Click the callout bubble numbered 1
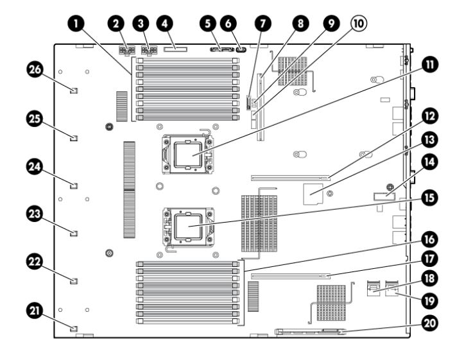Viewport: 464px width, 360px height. (76, 24)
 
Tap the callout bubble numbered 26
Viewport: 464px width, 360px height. (35, 70)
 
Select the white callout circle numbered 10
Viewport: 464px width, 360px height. (359, 23)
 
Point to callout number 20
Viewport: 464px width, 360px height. (430, 323)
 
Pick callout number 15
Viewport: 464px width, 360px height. (430, 198)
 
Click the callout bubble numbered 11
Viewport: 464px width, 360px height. (430, 65)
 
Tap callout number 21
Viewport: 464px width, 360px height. (35, 311)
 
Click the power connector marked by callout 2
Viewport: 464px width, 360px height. (126, 50)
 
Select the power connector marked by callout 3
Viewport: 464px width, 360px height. (149, 50)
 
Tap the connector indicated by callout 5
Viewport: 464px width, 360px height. (222, 49)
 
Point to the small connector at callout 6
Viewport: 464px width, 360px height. (242, 49)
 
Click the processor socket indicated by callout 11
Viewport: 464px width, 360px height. (187, 154)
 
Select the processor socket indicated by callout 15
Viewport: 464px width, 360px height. (188, 227)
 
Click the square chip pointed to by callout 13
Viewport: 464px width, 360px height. (313, 194)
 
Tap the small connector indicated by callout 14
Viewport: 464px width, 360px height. (384, 196)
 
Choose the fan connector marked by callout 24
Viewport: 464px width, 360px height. (74, 186)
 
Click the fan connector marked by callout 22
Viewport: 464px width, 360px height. (74, 280)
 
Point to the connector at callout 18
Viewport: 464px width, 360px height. (374, 288)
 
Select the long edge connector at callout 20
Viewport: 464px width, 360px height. (310, 332)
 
